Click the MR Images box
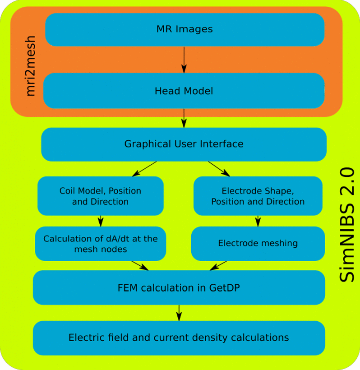tap(185, 30)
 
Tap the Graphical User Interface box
tap(184, 144)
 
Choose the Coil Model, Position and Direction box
tap(100, 196)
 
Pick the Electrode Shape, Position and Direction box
tap(258, 196)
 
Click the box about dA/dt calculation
tap(100, 243)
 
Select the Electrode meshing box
tap(258, 243)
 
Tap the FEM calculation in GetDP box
tap(179, 287)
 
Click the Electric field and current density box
tap(179, 338)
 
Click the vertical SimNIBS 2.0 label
tap(347, 226)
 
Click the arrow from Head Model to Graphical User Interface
tap(184, 117)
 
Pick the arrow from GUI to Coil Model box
tap(144, 169)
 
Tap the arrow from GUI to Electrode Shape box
tap(219, 169)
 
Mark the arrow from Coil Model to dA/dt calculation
tap(101, 220)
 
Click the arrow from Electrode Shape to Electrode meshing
tap(258, 220)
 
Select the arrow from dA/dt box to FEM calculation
tap(140, 265)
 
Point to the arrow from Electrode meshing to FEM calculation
tap(218, 265)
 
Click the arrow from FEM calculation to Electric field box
tap(179, 312)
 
